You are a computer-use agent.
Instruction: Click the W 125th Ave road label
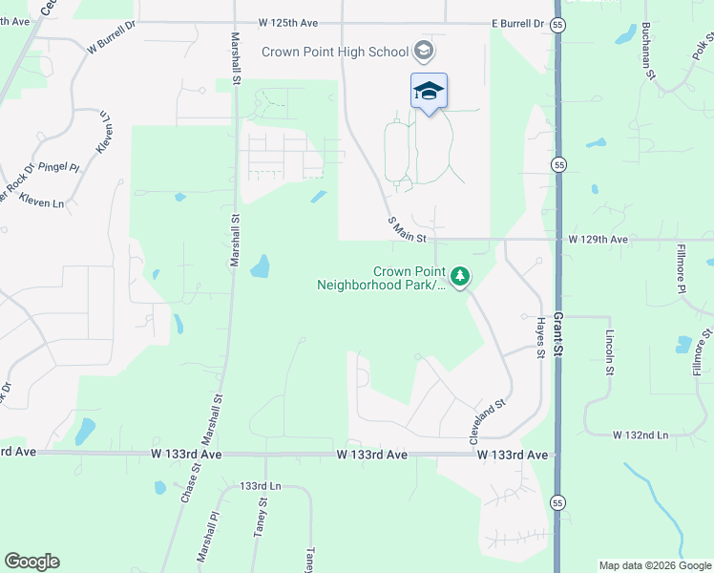pos(288,22)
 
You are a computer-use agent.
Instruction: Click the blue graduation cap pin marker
pos(429,92)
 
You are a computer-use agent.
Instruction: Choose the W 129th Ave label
pos(598,239)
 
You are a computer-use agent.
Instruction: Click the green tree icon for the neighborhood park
pos(461,277)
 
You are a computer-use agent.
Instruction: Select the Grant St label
pos(559,339)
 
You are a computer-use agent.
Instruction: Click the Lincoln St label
pos(610,353)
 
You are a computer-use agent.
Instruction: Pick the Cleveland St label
pos(487,421)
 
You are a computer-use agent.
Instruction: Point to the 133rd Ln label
pos(262,486)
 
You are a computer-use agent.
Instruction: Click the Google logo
pos(31,562)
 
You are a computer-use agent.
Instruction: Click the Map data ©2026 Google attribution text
pos(656,565)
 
